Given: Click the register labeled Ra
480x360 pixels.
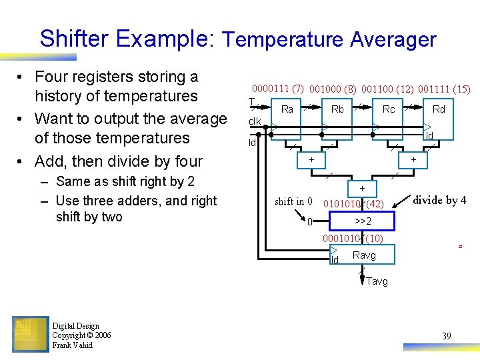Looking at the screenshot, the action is (287, 109).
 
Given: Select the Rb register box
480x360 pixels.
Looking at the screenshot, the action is (338, 109).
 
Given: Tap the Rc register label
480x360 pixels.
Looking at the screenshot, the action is (389, 109).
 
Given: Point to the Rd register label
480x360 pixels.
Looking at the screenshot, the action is (439, 109).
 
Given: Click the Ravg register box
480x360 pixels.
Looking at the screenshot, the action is (364, 255).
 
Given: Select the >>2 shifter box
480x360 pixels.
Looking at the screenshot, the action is (363, 221).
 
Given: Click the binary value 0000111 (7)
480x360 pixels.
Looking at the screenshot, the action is (277, 89).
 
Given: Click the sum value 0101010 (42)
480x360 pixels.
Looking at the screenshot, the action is (353, 203).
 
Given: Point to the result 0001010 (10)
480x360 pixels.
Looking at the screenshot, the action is (351, 239).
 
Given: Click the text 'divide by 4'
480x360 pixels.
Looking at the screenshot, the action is (440, 201).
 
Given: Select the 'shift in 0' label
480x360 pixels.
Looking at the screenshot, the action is (293, 201).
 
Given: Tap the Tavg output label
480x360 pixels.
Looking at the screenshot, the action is (377, 281).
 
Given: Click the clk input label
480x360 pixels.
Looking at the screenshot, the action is (255, 121).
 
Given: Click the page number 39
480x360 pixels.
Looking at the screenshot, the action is (447, 336).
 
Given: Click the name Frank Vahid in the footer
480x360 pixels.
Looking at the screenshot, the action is (73, 345).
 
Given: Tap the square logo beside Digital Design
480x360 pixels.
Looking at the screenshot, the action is (30, 334).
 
